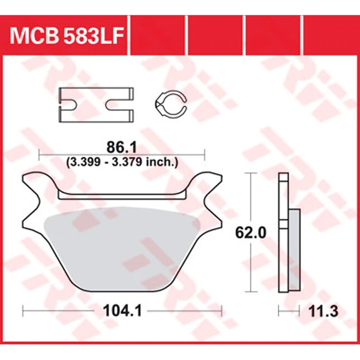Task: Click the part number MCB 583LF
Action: [67, 36]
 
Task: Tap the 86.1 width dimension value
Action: [122, 147]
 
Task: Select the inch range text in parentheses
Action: [122, 162]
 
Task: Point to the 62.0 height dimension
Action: [251, 233]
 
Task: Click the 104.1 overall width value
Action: [122, 311]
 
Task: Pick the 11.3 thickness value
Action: [323, 311]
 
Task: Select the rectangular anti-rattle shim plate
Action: [96, 105]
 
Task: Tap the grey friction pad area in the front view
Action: [122, 248]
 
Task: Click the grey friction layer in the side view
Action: [294, 249]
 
